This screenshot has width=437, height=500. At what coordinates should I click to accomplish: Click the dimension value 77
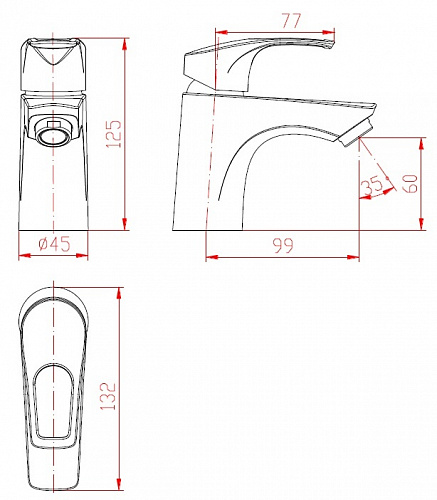coord(291,21)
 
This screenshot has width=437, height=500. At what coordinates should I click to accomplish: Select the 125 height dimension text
coord(114,134)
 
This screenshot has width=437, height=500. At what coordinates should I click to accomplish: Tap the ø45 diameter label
coord(55,244)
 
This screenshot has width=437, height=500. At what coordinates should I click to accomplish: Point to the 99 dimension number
coord(283,246)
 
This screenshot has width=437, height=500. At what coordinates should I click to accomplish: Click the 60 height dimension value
coord(410,183)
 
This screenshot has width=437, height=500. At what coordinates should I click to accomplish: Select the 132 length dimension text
coord(108,396)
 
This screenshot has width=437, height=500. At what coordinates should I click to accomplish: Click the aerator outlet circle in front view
coord(53,136)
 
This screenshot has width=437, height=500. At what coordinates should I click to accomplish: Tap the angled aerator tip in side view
coord(356,134)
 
